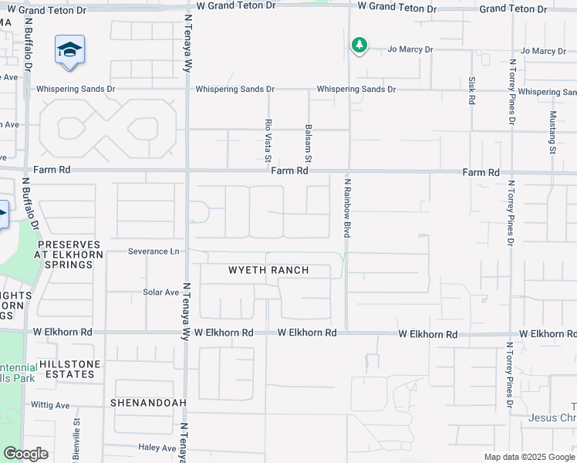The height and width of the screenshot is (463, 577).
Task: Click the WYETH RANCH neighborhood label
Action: click(268, 270)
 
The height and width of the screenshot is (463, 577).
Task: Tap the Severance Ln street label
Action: click(154, 252)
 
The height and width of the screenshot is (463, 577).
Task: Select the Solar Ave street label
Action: click(160, 292)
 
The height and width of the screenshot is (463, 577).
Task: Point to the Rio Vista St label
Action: click(268, 140)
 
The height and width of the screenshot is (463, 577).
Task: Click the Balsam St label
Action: click(309, 140)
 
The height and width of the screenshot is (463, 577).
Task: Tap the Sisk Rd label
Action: click(471, 90)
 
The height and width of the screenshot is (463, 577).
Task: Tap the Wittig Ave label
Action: click(50, 405)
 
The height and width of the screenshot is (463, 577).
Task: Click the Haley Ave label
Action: click(158, 448)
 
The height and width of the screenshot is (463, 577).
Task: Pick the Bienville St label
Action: click(76, 437)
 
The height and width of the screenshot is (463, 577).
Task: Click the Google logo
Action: click(25, 454)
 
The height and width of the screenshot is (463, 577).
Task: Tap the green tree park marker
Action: click(359, 46)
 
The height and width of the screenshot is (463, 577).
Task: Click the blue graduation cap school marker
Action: click(70, 51)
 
